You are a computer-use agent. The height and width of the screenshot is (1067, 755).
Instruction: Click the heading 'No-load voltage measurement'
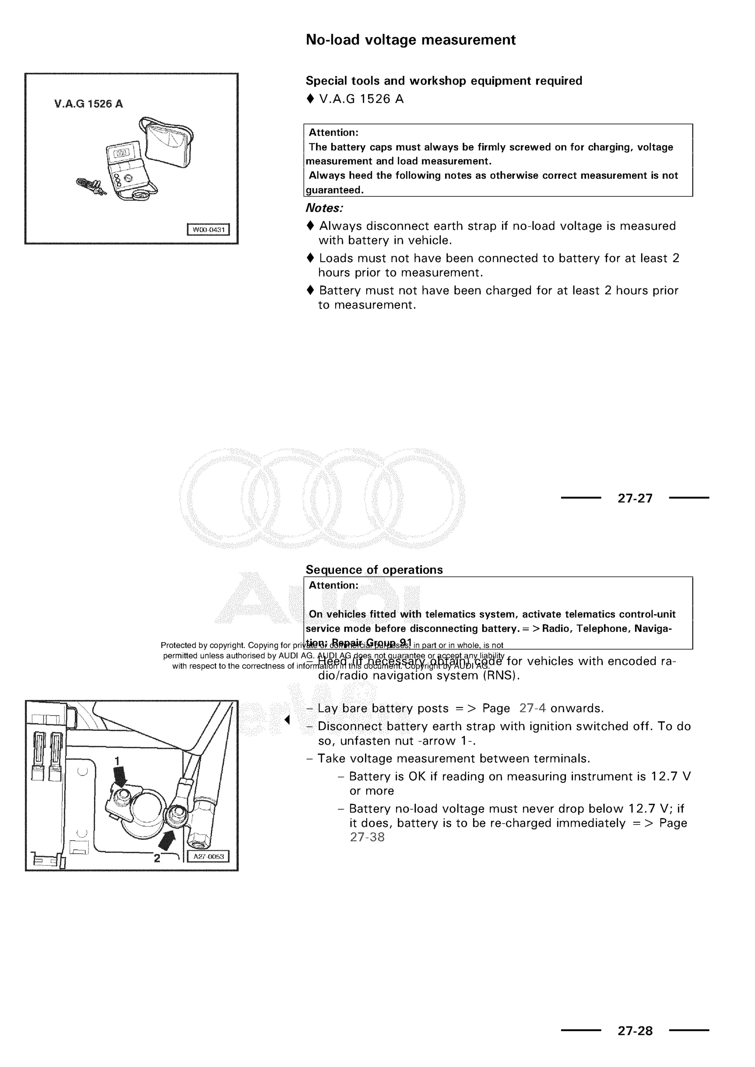click(411, 40)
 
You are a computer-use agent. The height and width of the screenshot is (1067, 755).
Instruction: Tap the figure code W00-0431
click(208, 230)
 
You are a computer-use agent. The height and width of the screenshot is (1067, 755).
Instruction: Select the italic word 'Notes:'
click(324, 208)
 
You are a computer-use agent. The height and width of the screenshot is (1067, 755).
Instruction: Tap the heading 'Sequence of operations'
click(374, 570)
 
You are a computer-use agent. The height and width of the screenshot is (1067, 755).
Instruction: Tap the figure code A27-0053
click(208, 857)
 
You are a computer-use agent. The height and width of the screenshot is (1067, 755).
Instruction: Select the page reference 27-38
click(367, 837)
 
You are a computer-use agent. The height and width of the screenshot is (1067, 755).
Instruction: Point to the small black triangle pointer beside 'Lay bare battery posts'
click(287, 720)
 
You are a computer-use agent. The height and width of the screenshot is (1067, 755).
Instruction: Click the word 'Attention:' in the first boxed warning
click(333, 132)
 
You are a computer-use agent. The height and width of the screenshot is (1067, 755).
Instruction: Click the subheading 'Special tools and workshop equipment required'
click(443, 81)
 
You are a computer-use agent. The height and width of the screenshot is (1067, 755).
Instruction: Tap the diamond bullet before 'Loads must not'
click(310, 258)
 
